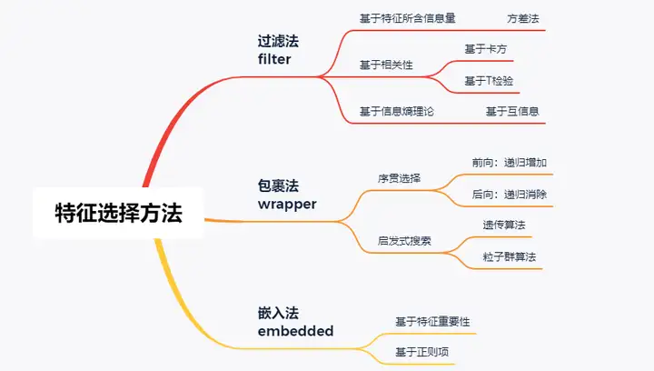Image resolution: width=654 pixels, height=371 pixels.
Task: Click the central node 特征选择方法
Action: [x=118, y=214]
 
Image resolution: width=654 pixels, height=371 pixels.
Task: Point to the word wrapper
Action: [x=287, y=204]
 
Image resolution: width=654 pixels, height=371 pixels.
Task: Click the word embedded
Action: [x=295, y=331]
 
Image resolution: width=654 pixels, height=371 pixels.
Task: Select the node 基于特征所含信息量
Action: [x=408, y=17]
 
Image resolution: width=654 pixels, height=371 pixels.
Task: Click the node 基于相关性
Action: [x=386, y=65]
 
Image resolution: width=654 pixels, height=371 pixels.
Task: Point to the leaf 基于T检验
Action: [x=488, y=81]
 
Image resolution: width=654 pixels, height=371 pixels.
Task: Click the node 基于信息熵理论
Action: [x=397, y=112]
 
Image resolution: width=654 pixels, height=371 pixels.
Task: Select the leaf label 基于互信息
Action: [x=512, y=112]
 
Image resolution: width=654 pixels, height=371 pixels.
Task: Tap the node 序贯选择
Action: [x=399, y=178]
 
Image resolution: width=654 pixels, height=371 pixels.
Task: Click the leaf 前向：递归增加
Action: [x=509, y=162]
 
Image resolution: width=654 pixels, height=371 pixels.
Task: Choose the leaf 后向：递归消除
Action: [x=509, y=194]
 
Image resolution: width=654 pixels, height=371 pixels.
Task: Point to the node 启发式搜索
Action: [x=404, y=241]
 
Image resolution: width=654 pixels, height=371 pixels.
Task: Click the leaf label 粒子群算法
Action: [x=509, y=257]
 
